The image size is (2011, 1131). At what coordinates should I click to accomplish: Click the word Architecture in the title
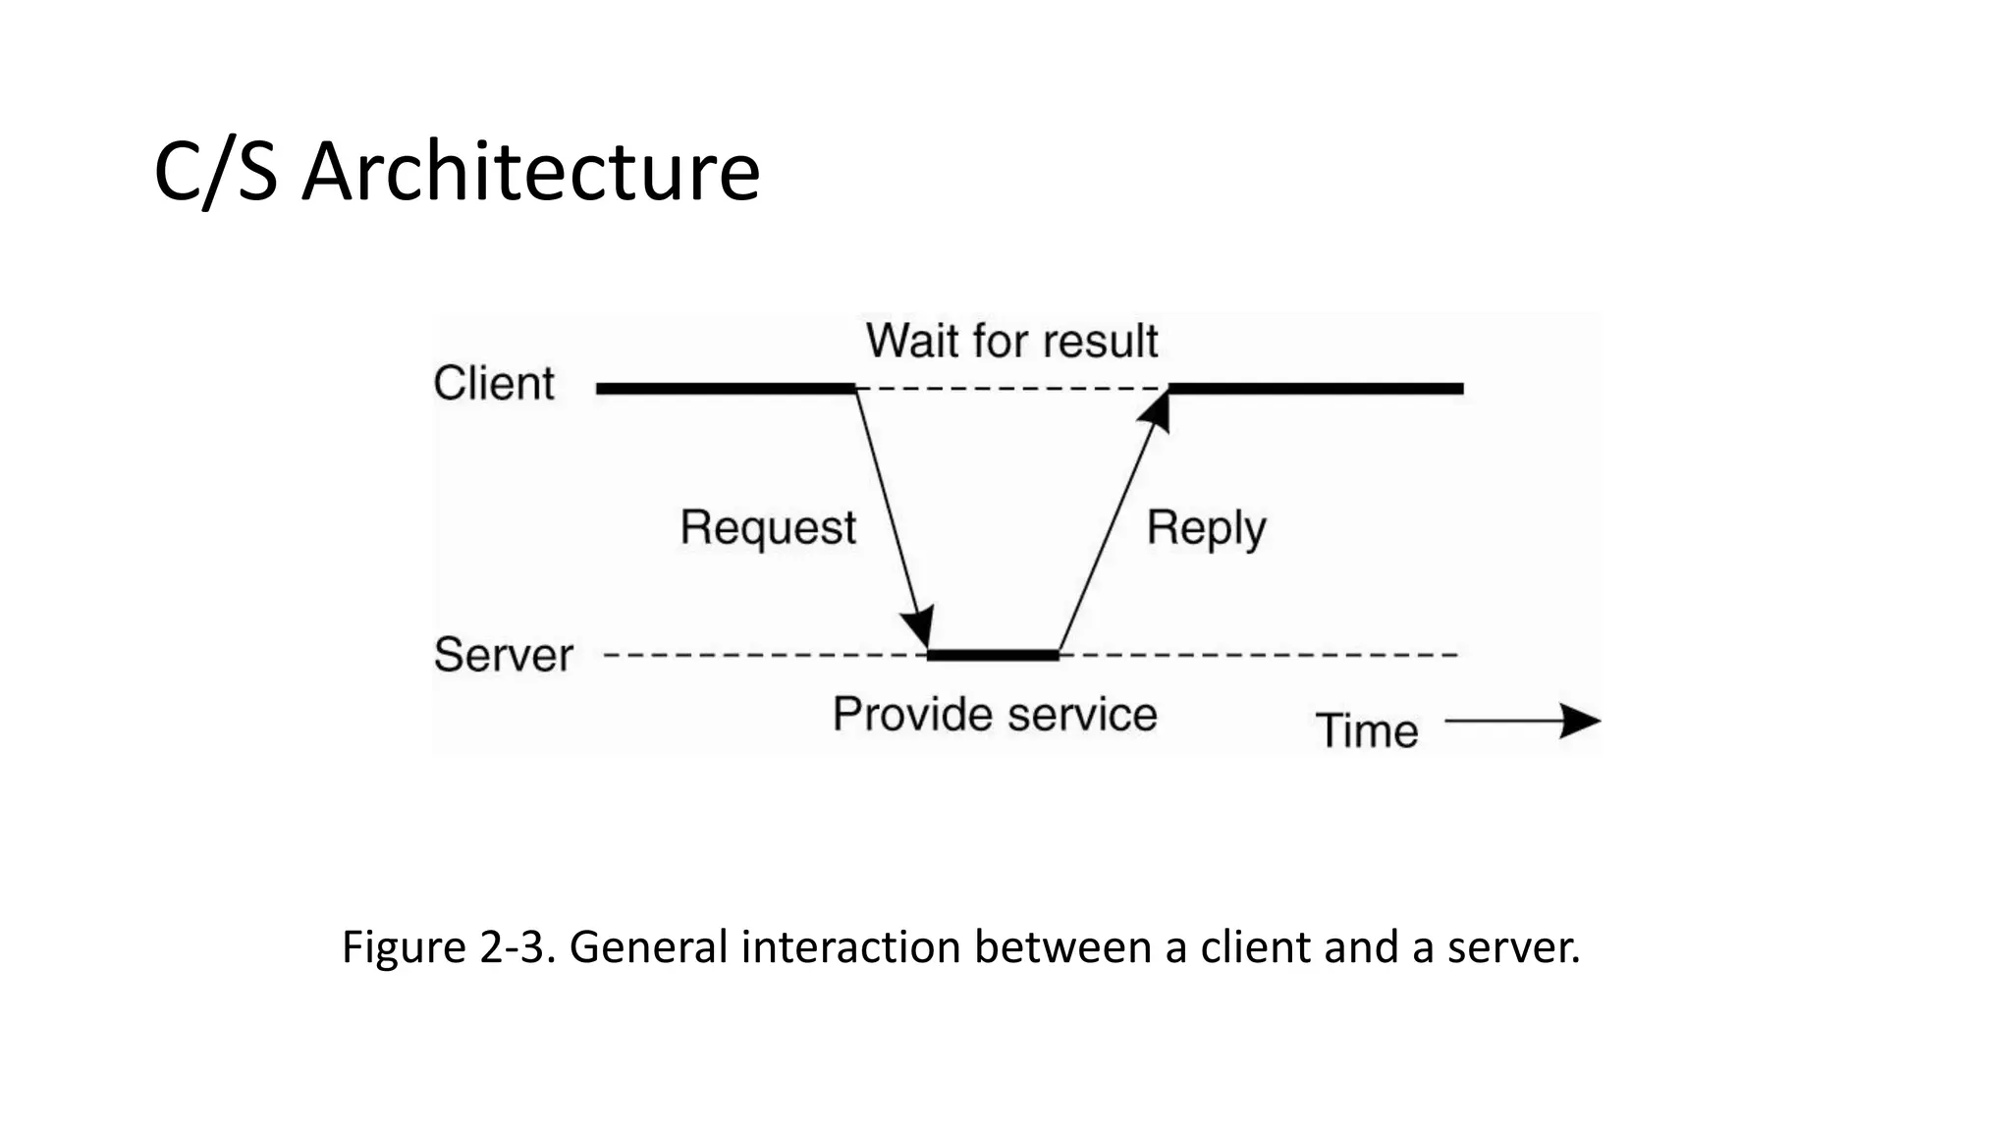pyautogui.click(x=530, y=172)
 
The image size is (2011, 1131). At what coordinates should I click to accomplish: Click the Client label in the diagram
pyautogui.click(x=494, y=383)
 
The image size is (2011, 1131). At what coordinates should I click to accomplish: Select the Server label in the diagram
pyautogui.click(x=503, y=655)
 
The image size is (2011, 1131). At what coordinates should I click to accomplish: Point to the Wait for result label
pyautogui.click(x=1011, y=341)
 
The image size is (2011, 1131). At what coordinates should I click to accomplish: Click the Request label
pyautogui.click(x=768, y=527)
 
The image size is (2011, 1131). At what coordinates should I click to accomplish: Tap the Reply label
pyautogui.click(x=1206, y=528)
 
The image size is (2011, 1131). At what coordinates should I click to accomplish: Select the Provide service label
pyautogui.click(x=995, y=714)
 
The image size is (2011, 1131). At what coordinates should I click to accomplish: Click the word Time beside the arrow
pyautogui.click(x=1366, y=731)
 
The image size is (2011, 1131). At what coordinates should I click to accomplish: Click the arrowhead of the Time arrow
pyautogui.click(x=1581, y=722)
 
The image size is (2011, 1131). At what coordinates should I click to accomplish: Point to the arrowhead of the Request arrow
pyautogui.click(x=919, y=628)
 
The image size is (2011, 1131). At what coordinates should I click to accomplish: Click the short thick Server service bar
pyautogui.click(x=993, y=654)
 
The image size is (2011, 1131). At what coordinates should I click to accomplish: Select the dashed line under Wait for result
pyautogui.click(x=1011, y=389)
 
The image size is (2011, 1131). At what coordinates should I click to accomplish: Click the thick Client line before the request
pyautogui.click(x=727, y=389)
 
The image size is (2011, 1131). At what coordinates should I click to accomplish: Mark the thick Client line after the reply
pyautogui.click(x=1316, y=389)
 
